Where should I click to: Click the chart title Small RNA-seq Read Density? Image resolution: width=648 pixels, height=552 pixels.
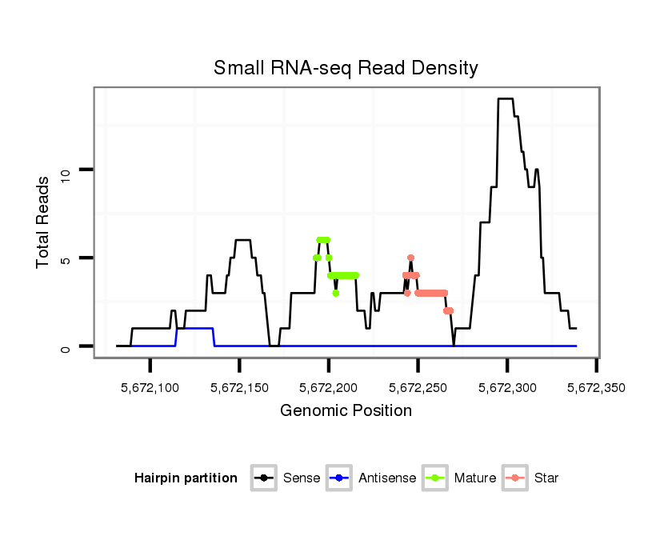click(346, 68)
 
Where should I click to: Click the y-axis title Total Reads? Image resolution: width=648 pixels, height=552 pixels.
click(45, 222)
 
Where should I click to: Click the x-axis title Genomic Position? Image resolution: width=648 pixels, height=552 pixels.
click(346, 411)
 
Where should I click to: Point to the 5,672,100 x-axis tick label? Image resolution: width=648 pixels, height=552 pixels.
click(150, 388)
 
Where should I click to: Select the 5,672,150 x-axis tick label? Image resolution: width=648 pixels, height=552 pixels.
click(240, 388)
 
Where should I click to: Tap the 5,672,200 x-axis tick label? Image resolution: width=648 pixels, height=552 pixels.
click(329, 388)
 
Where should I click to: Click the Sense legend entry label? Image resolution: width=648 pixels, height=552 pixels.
click(302, 478)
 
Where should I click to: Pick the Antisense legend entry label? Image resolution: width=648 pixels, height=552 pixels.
click(387, 478)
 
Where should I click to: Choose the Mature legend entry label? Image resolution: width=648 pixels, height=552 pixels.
click(475, 478)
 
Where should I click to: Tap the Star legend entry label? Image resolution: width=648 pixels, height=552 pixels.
click(546, 478)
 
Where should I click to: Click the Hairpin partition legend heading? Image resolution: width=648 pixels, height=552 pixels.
click(186, 478)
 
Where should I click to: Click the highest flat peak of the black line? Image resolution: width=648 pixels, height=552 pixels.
click(506, 99)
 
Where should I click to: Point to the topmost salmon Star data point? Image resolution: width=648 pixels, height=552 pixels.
click(410, 258)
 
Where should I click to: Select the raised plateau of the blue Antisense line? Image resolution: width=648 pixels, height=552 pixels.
click(195, 328)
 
